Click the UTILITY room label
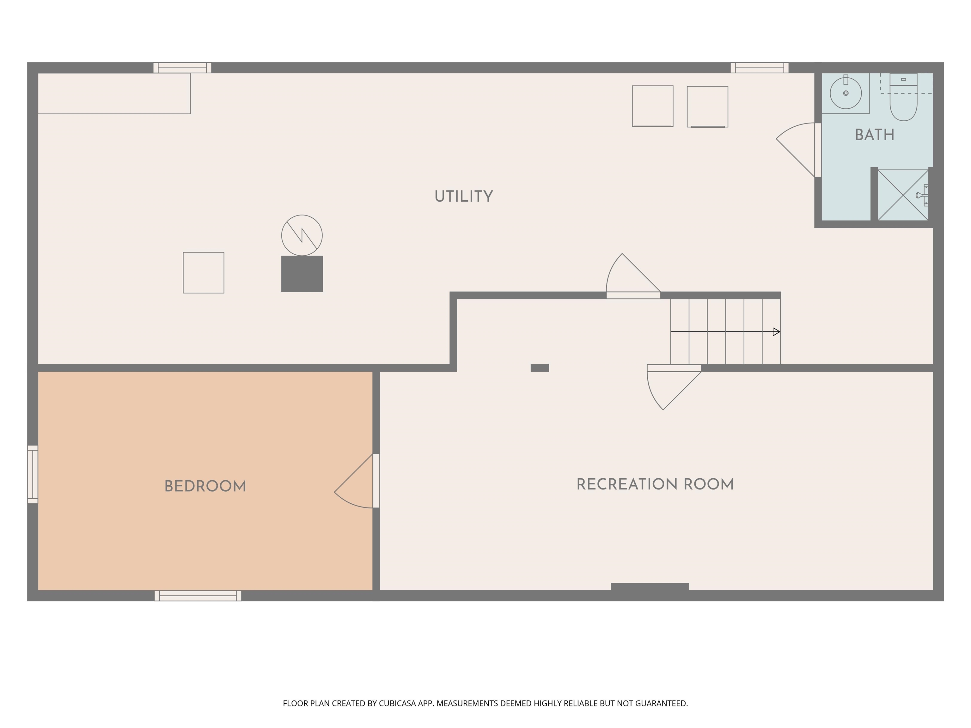tap(464, 197)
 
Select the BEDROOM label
tap(205, 486)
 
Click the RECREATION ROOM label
tap(655, 484)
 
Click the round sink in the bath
tap(846, 93)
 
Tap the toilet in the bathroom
tap(903, 103)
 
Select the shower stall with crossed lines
tap(902, 195)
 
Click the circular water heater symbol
tap(302, 235)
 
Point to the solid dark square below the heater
tap(302, 274)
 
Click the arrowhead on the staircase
tap(777, 332)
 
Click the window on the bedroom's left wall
tap(33, 474)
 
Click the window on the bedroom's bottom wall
tap(198, 596)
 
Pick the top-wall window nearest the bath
tap(760, 68)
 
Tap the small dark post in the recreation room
tap(540, 368)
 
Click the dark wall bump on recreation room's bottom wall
tap(649, 587)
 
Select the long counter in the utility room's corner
tap(114, 94)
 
